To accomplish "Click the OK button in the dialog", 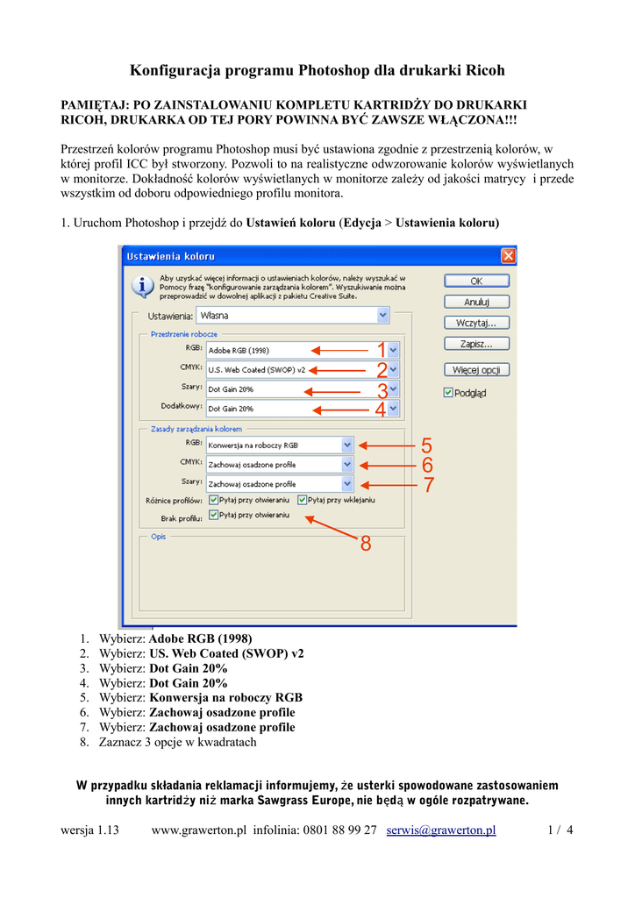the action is click(x=476, y=282).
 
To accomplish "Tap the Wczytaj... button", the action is click(x=476, y=323).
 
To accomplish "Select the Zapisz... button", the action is click(x=476, y=344).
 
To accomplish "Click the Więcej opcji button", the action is click(x=476, y=370).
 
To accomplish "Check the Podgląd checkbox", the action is click(x=448, y=393).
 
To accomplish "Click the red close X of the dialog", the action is click(x=508, y=256).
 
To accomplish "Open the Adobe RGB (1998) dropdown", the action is click(x=303, y=350).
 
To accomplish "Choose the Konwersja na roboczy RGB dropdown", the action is click(x=280, y=445).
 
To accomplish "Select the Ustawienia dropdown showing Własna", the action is click(x=293, y=314).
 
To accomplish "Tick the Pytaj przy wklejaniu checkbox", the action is click(x=303, y=500).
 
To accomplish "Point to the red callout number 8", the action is click(x=366, y=545).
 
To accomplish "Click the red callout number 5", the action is click(x=427, y=445).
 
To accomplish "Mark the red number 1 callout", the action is click(x=382, y=350).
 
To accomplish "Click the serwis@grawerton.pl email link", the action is click(x=441, y=830).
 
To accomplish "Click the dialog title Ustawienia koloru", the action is click(x=171, y=256).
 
